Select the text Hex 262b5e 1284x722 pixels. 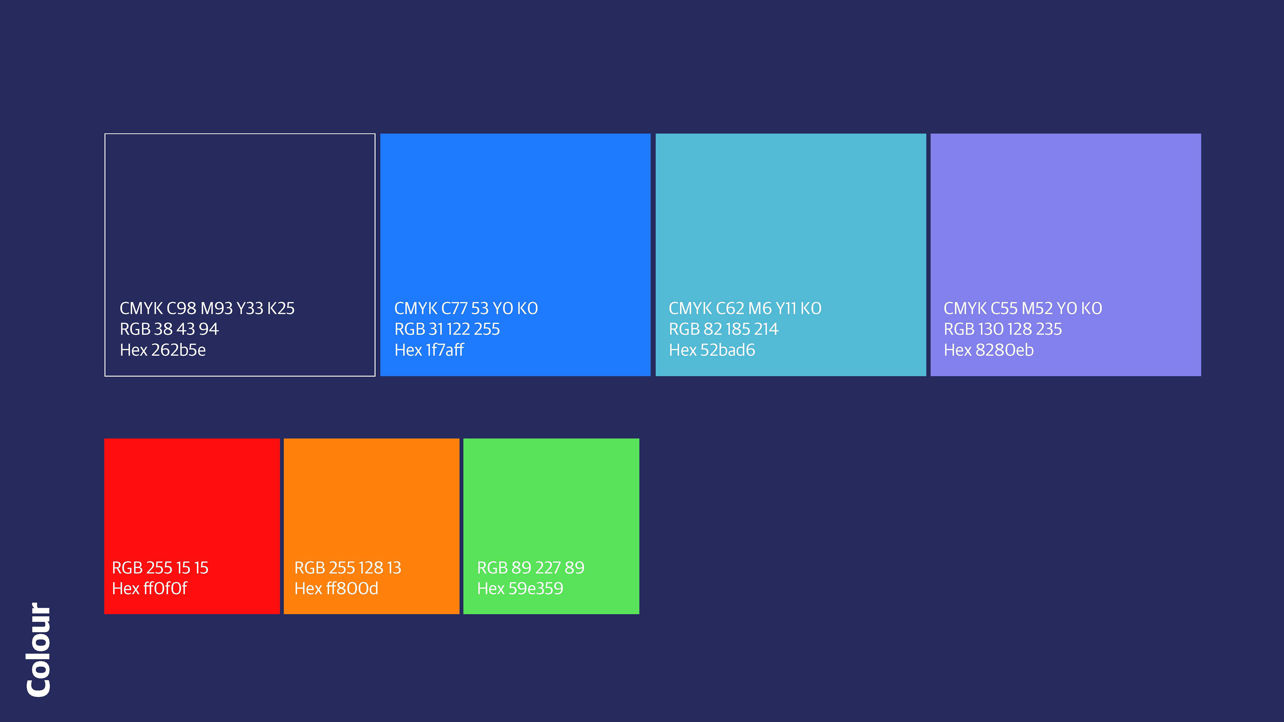tap(163, 350)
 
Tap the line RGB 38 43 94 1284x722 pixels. tap(169, 329)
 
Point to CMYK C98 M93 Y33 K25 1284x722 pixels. tap(207, 309)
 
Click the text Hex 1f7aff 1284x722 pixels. tap(429, 350)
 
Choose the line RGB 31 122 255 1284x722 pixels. tap(447, 329)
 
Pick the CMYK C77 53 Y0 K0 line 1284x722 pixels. tap(466, 309)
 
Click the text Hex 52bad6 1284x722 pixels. tap(712, 350)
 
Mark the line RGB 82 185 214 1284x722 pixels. tap(723, 329)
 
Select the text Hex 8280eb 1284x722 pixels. tap(988, 350)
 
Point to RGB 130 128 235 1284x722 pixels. tap(1002, 329)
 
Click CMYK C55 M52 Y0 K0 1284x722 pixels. tap(1023, 309)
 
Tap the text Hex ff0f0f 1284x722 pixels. tap(149, 588)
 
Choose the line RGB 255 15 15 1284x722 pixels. tap(160, 568)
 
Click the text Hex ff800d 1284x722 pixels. tap(336, 588)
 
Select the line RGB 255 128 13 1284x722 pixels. tap(347, 568)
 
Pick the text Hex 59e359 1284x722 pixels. tap(520, 588)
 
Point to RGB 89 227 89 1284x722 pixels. tap(530, 568)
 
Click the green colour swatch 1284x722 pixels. tap(551, 526)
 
